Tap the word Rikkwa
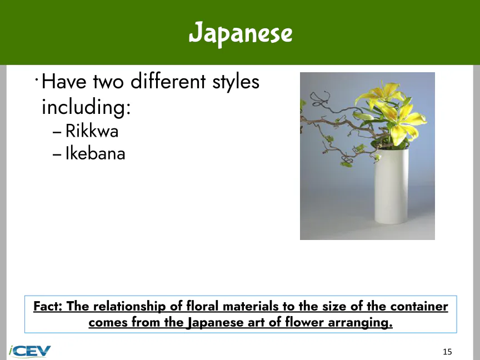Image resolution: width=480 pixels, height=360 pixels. (x=92, y=131)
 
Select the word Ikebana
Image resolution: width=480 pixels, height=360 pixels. (x=95, y=153)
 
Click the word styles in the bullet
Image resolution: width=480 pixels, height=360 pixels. (x=236, y=82)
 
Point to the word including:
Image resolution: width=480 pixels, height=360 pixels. (x=86, y=107)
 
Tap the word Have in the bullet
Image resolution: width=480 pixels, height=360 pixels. (x=64, y=82)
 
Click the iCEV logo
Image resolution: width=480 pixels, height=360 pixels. (x=29, y=351)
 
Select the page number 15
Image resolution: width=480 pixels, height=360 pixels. (x=447, y=352)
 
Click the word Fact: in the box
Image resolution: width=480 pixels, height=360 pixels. (x=48, y=306)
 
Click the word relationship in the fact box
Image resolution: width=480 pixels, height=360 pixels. (x=129, y=307)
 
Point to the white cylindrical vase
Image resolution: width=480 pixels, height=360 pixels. (x=392, y=186)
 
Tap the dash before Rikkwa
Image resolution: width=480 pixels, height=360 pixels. (x=57, y=132)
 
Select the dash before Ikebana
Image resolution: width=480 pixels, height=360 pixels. (x=57, y=154)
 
